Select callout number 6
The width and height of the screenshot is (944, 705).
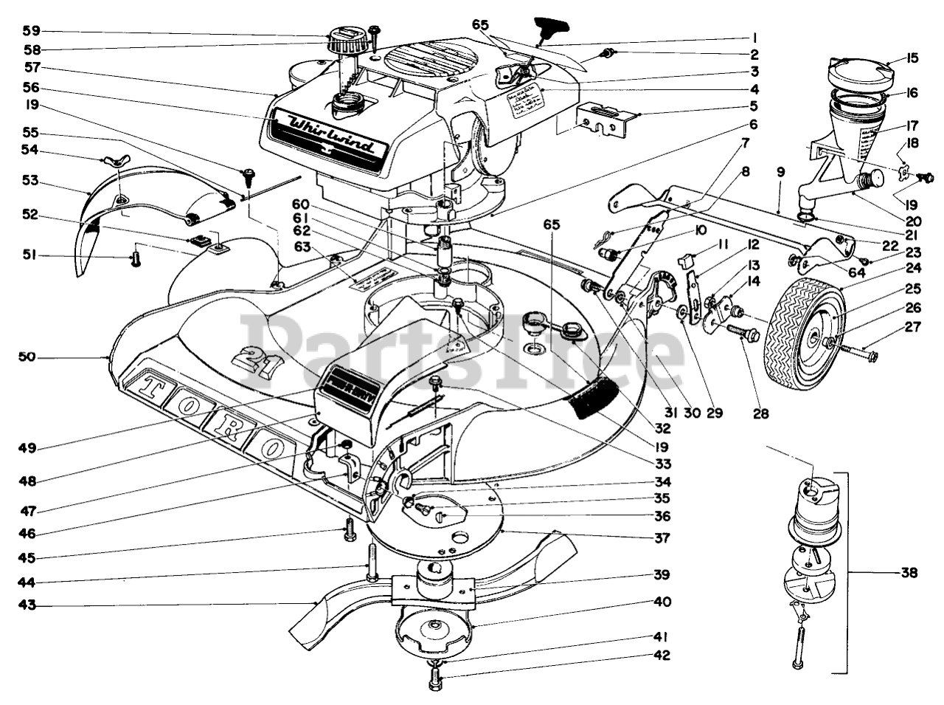pyautogui.click(x=754, y=125)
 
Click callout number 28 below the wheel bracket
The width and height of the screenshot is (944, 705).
pyautogui.click(x=761, y=413)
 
